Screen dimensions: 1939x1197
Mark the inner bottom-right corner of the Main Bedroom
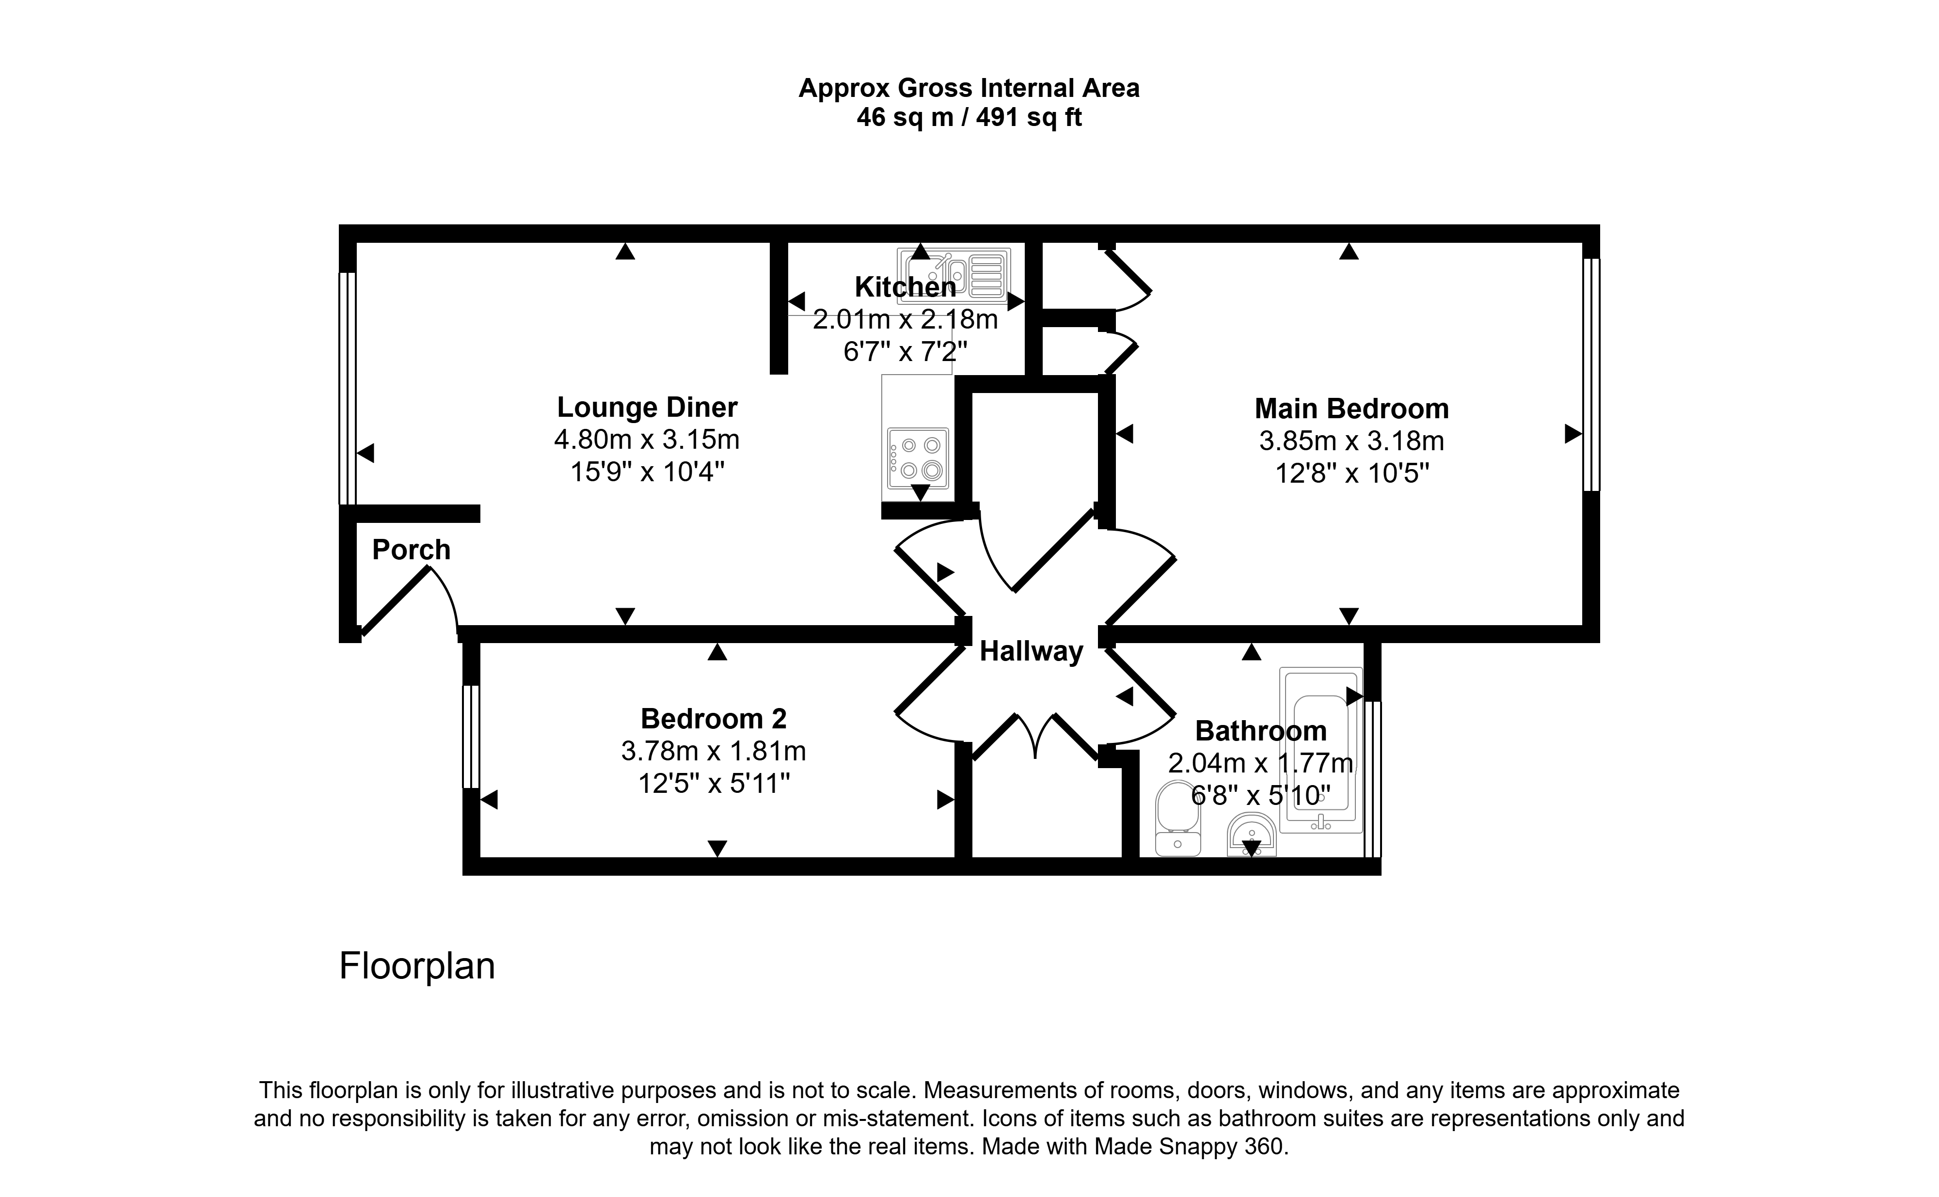1582,625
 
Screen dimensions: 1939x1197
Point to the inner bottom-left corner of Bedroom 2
480,857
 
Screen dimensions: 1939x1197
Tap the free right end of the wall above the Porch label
480,514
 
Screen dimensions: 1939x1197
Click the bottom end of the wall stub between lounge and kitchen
779,373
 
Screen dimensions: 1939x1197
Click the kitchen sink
954,275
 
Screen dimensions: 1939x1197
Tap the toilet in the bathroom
1178,818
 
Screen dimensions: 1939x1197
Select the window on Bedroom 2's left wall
471,736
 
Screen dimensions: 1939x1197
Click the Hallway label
1031,651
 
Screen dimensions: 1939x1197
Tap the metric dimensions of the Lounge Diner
647,439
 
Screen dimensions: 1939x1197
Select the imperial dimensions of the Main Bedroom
1351,473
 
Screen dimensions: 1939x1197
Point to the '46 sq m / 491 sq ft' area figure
969,118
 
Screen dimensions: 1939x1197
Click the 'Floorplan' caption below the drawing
417,966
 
